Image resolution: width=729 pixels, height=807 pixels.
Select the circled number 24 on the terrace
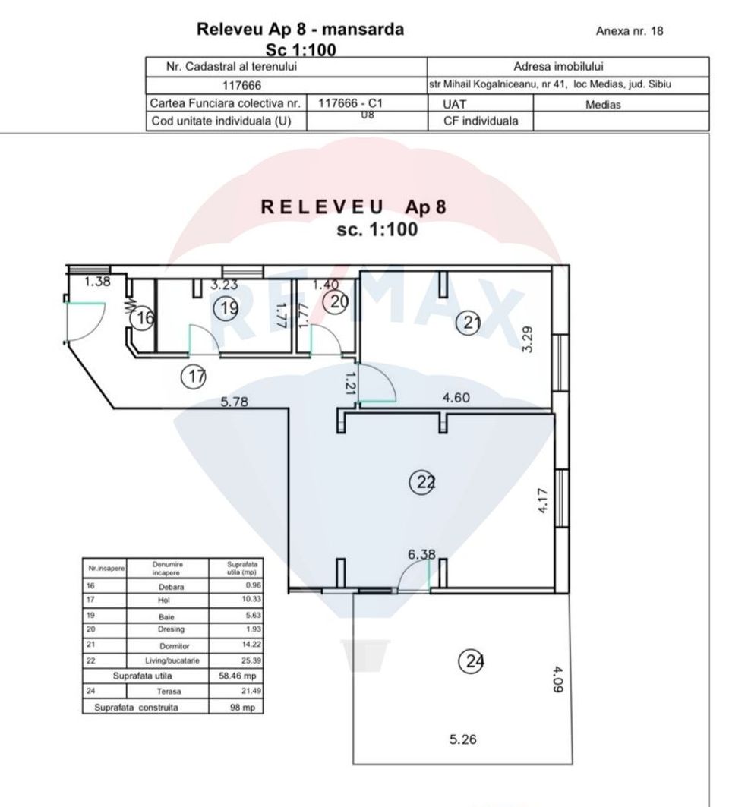tap(472, 662)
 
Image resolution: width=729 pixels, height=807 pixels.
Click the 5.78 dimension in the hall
tap(234, 402)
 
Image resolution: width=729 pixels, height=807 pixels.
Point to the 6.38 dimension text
tap(421, 554)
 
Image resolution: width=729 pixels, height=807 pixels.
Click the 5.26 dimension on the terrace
tap(462, 739)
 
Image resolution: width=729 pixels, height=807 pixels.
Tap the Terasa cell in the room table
tap(167, 691)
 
